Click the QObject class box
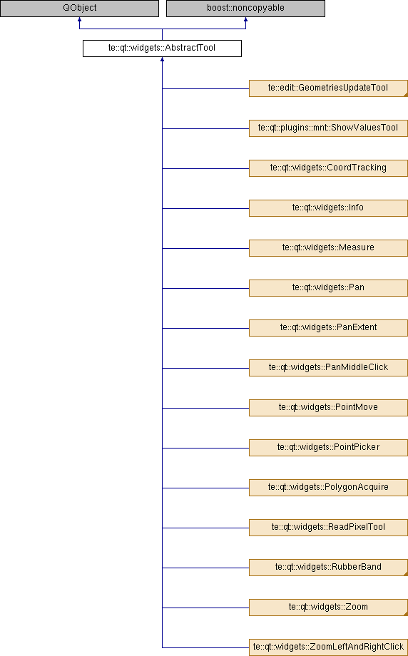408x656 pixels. (x=79, y=9)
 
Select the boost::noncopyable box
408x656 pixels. (x=245, y=9)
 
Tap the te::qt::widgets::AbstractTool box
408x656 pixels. (x=162, y=48)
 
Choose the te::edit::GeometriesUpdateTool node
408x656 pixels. (x=328, y=88)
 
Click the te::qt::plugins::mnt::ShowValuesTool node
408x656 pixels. (x=328, y=128)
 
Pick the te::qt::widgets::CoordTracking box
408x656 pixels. (x=328, y=168)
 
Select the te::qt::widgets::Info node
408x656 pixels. (x=328, y=208)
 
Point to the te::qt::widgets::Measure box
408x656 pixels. (x=328, y=248)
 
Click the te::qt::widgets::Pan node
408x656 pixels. (x=328, y=288)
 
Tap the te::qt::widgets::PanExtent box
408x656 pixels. (x=328, y=328)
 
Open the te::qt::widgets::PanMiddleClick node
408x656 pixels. (x=328, y=368)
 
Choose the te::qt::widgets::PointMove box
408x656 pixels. (x=328, y=408)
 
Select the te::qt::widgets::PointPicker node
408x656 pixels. (x=328, y=448)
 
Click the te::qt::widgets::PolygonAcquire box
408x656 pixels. (x=328, y=488)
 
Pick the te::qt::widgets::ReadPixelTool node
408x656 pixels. (x=328, y=528)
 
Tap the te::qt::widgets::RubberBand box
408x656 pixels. (x=328, y=568)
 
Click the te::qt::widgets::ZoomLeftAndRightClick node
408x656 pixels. (x=328, y=647)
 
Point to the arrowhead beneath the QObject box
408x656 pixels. (x=79, y=20)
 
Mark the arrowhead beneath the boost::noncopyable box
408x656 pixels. (x=245, y=20)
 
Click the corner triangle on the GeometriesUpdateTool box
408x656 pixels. (x=406, y=95)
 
